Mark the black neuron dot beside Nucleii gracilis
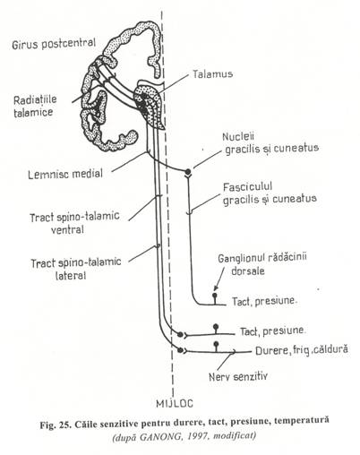coord(188,169)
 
